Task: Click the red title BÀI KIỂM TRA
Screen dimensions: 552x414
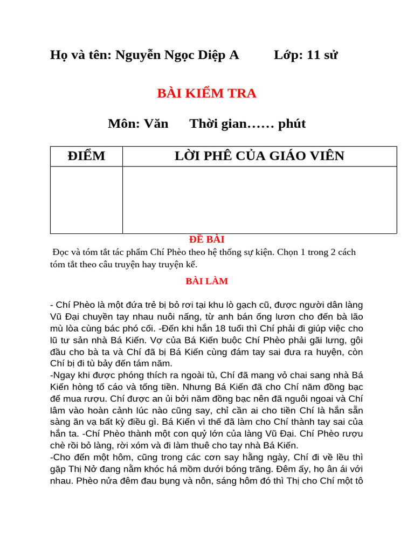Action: coord(206,93)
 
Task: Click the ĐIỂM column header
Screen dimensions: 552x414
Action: coord(86,156)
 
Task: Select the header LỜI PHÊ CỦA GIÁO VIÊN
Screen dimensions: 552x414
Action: coord(259,156)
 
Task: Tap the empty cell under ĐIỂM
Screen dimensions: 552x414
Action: coord(86,199)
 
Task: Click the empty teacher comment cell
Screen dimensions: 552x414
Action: coord(259,199)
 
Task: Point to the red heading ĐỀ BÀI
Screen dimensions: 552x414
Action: coord(206,239)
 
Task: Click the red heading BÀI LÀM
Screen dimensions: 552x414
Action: coord(206,281)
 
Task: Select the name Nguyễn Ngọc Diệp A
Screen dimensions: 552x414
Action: coord(177,55)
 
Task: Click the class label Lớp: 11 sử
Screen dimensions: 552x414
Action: coord(306,55)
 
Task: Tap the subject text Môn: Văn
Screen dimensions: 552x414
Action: coord(138,124)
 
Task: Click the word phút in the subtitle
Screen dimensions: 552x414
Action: coord(292,124)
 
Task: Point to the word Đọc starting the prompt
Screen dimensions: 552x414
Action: coord(62,252)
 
